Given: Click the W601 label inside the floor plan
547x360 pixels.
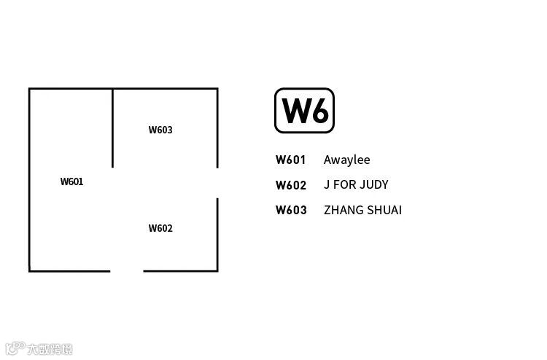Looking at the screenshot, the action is [71, 182].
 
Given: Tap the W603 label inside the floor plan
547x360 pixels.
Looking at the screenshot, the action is [160, 130].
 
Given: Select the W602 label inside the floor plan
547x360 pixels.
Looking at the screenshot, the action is [160, 229].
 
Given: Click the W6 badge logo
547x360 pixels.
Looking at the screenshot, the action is [304, 111].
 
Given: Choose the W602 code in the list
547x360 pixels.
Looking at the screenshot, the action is [291, 185].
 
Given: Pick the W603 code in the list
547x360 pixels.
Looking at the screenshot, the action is [291, 211].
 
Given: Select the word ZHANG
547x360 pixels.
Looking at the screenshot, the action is [341, 211].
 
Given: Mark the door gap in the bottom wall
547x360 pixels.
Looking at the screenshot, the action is [127, 271].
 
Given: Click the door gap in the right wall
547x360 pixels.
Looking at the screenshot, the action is [217, 183].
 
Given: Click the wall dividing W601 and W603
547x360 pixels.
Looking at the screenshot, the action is [113, 128].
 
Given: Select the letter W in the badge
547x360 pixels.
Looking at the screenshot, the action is [294, 111].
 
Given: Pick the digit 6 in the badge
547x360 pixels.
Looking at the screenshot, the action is [319, 111].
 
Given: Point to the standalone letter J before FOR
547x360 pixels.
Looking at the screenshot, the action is [327, 185].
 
